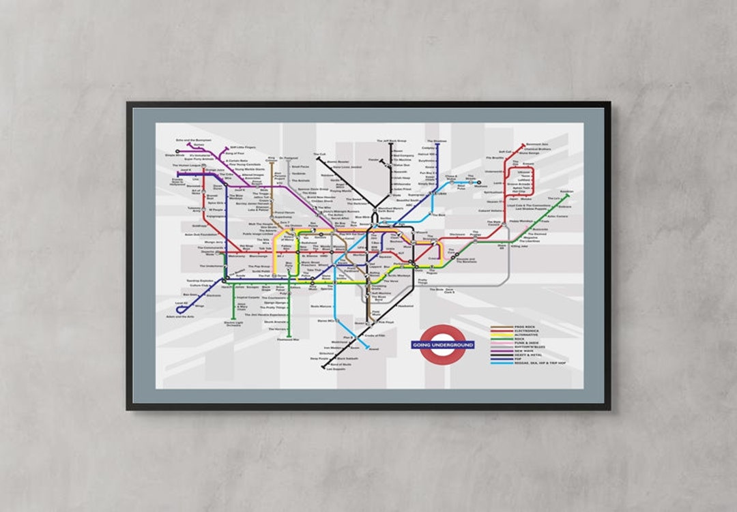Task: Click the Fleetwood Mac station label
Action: coord(288,339)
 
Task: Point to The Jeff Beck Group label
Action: coord(391,141)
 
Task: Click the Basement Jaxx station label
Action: coord(537,145)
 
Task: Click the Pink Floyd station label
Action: coord(386,322)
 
